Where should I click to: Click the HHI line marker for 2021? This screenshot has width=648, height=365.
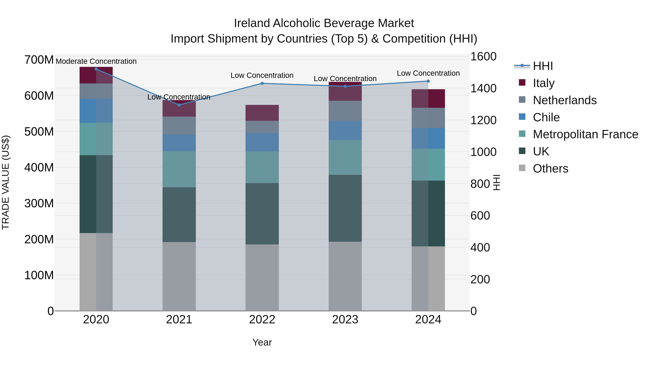(179, 105)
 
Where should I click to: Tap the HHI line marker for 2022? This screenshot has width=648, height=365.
(262, 83)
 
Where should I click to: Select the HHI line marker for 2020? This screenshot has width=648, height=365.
(96, 69)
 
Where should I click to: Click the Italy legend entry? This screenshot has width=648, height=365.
(543, 83)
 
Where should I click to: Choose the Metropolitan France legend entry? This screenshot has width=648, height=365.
(585, 134)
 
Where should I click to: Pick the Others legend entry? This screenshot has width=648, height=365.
(550, 169)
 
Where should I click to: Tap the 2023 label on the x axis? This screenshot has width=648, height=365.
(345, 320)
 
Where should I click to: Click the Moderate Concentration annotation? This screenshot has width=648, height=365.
(96, 61)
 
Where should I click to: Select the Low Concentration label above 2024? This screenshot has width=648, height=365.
(428, 73)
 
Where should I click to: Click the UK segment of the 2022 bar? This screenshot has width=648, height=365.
(262, 214)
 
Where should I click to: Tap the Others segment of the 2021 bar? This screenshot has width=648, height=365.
(179, 276)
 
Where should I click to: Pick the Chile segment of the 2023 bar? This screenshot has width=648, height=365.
(345, 130)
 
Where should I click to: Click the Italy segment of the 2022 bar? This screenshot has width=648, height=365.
(262, 113)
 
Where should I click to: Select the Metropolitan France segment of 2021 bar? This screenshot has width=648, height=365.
(179, 169)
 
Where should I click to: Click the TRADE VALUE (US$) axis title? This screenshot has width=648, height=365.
(6, 182)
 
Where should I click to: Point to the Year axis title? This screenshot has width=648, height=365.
(262, 342)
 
